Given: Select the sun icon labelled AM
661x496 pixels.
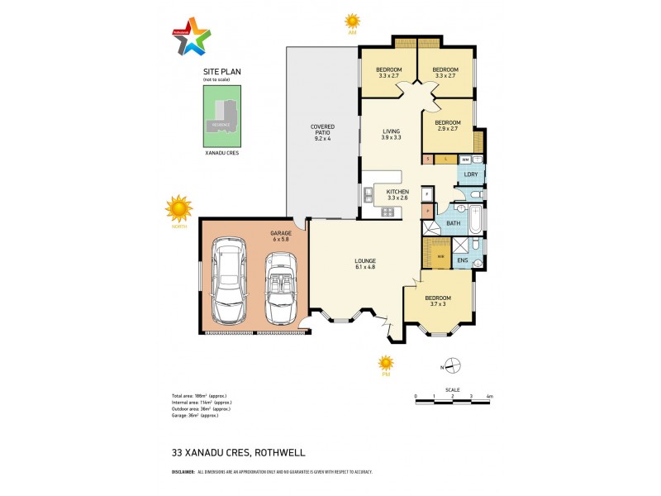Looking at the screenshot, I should click(353, 21).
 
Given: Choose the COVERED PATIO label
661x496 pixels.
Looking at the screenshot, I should click(322, 132).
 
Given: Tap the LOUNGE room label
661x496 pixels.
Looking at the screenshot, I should click(364, 263).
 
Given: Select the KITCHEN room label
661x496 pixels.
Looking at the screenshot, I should click(397, 194).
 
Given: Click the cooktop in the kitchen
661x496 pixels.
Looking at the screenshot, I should click(387, 212).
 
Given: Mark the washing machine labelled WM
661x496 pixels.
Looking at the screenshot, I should click(465, 159).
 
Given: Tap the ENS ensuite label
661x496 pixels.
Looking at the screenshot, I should click(462, 261).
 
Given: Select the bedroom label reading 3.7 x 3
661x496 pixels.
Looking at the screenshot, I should click(437, 300).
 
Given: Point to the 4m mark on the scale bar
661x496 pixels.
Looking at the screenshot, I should click(489, 397).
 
